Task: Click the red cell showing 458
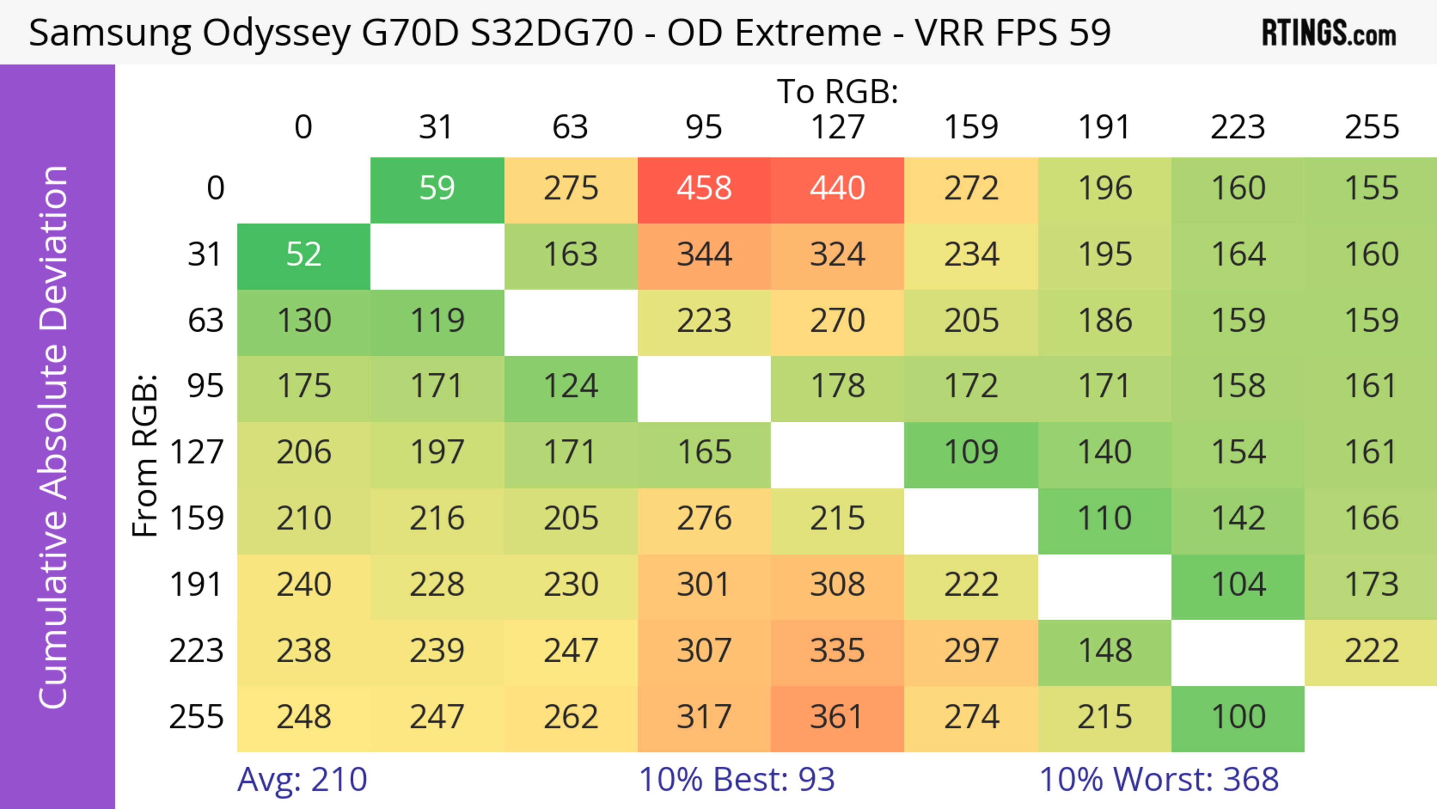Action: coord(704,189)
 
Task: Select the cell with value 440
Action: coord(838,189)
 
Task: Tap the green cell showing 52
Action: coord(303,255)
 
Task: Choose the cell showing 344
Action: coord(704,255)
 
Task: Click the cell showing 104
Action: coord(1238,585)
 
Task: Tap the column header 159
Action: coord(971,127)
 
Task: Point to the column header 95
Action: coord(704,127)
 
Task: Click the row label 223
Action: coord(196,651)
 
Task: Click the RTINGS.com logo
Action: coord(1329,33)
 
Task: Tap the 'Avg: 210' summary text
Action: coord(302,779)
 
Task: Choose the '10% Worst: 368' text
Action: coord(1159,779)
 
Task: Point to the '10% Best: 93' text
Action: coord(736,779)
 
